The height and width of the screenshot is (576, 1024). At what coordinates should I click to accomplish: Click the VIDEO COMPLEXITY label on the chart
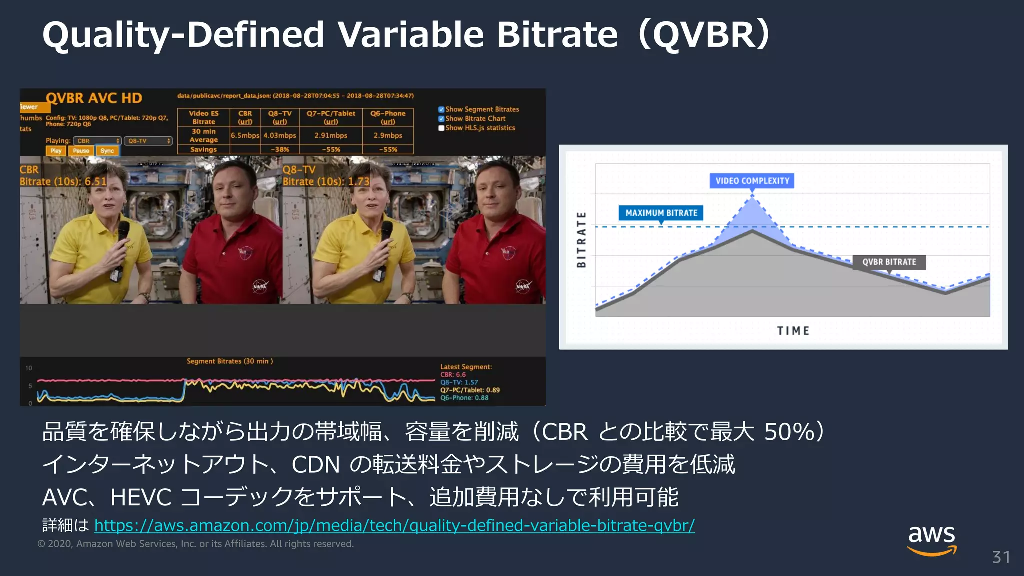tap(752, 181)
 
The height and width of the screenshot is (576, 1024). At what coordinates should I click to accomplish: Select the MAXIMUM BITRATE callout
tap(661, 213)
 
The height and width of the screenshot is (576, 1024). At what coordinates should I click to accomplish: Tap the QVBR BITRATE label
tap(889, 262)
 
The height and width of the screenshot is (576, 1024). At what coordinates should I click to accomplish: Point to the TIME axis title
tap(793, 331)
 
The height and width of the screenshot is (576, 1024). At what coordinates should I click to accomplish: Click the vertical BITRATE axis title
tap(581, 239)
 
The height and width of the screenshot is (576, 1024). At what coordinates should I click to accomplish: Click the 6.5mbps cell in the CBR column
tap(245, 135)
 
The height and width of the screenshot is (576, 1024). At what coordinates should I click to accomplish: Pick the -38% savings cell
tap(280, 149)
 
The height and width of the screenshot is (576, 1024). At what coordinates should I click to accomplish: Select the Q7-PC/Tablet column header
tap(331, 117)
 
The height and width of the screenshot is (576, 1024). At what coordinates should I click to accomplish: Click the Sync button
tap(107, 151)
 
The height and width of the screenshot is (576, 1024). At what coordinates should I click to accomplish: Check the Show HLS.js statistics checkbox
tap(441, 128)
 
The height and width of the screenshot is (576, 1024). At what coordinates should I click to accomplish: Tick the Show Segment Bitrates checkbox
tap(441, 109)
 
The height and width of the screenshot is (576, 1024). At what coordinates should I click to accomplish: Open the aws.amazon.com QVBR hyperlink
tap(394, 525)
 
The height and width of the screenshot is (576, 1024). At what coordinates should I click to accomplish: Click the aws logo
tap(932, 539)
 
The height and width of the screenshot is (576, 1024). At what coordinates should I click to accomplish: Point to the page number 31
tap(1001, 557)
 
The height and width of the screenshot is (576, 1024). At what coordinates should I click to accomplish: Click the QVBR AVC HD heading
tap(94, 98)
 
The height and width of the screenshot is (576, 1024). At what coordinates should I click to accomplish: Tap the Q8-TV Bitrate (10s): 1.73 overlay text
tap(326, 181)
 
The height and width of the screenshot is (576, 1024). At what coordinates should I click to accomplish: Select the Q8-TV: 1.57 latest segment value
tap(459, 382)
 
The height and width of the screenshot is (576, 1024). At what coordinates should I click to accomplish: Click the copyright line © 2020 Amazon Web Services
tap(195, 544)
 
